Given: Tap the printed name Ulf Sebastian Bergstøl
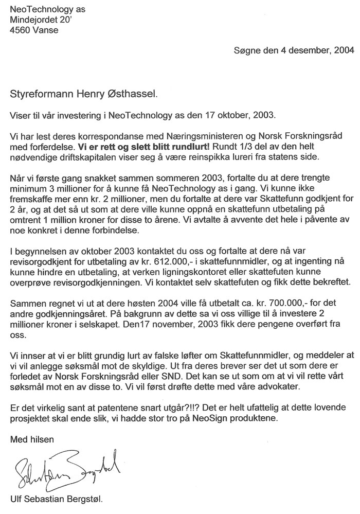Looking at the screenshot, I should tap(60, 499).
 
